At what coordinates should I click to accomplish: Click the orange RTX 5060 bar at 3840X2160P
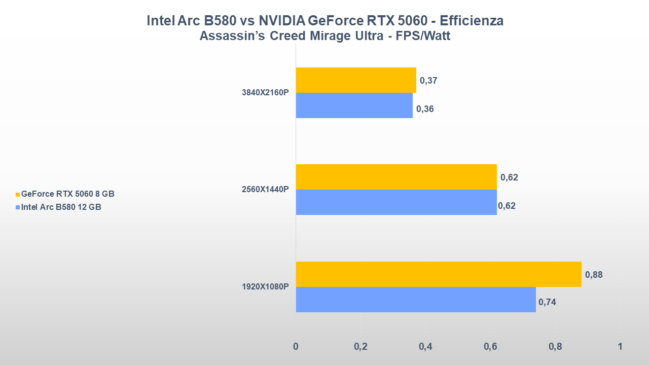click(355, 80)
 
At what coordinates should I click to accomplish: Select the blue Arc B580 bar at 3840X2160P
click(354, 105)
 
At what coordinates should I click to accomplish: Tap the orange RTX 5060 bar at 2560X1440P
click(396, 177)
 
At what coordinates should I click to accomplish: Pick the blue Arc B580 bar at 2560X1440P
click(396, 202)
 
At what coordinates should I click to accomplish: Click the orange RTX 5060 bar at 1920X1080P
click(438, 274)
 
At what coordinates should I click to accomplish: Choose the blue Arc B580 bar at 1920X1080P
click(415, 300)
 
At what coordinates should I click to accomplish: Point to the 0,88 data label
click(594, 275)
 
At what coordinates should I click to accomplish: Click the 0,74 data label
click(547, 302)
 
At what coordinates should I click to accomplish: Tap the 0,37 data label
click(428, 81)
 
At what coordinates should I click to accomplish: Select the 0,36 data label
click(425, 108)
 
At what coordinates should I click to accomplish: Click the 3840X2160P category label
click(265, 93)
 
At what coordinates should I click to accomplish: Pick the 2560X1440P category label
click(265, 190)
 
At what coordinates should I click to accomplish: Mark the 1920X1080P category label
click(265, 287)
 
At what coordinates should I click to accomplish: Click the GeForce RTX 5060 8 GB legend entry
click(67, 194)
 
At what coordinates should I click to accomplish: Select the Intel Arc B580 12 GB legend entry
click(61, 207)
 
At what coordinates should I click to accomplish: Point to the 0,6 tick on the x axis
click(490, 347)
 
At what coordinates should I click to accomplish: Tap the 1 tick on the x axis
click(620, 347)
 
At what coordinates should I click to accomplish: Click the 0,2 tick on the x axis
click(360, 347)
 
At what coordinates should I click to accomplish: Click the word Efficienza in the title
click(472, 21)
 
